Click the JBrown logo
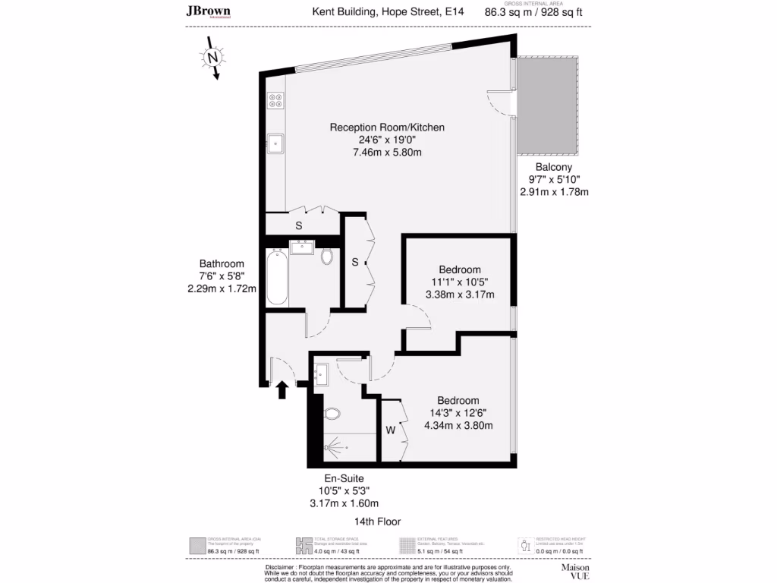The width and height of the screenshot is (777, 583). click(x=209, y=11)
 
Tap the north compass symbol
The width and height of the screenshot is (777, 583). click(x=213, y=58)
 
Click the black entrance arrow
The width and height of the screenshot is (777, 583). click(x=282, y=389)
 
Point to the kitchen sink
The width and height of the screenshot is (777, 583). click(x=275, y=142)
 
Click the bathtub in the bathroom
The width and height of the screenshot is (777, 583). click(x=277, y=278)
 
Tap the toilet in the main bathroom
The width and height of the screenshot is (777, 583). click(x=327, y=257)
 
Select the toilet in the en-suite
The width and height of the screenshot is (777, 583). click(x=332, y=414)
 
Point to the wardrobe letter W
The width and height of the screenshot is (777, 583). click(x=391, y=430)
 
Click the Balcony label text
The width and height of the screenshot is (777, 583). click(x=553, y=167)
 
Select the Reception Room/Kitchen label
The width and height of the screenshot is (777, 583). click(x=387, y=128)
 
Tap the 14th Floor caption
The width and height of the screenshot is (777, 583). click(x=377, y=522)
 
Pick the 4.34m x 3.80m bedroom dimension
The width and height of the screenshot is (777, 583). click(x=458, y=425)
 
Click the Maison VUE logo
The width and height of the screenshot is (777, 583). click(x=574, y=570)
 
